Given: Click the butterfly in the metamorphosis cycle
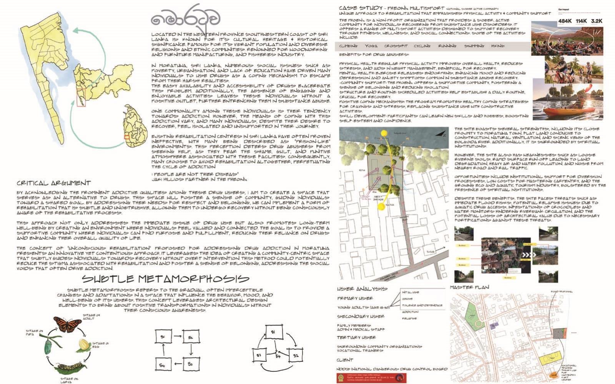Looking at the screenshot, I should [68, 324].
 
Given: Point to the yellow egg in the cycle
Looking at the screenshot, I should [84, 344].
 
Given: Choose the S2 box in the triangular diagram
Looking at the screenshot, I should [295, 356].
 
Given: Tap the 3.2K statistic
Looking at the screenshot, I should [597, 21].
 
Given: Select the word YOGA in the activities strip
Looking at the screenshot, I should [371, 46].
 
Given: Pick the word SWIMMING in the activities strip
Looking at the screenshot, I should [474, 46].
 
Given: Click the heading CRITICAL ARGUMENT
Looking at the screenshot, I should [54, 183].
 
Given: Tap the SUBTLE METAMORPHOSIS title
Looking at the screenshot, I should [165, 278].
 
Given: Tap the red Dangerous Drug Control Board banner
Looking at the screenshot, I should [372, 378].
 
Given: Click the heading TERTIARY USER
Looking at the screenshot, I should [356, 338].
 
